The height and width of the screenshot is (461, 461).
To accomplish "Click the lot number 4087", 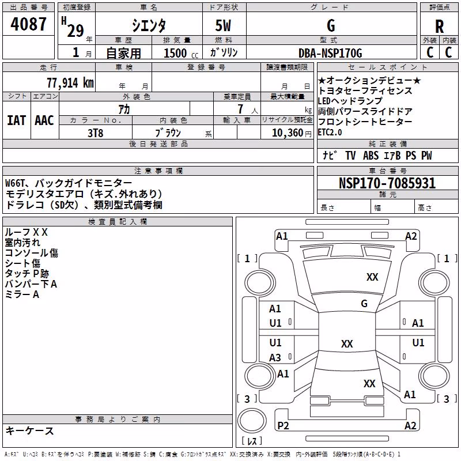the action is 28,24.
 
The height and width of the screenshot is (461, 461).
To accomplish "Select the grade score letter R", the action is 439,27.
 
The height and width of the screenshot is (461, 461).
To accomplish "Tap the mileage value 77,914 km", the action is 70,83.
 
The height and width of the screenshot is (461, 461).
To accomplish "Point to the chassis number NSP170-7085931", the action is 387,183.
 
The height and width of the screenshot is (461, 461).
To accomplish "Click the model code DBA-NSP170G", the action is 330,53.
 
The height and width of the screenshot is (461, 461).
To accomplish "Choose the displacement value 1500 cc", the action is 181,53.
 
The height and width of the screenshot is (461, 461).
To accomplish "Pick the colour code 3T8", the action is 95,133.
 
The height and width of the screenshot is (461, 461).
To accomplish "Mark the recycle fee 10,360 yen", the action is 292,133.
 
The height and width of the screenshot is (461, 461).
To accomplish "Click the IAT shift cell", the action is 17,120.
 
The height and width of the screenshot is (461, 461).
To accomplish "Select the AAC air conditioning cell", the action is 44,120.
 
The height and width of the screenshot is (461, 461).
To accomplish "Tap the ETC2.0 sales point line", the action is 330,133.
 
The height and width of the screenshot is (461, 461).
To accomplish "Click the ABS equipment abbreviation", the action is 371,156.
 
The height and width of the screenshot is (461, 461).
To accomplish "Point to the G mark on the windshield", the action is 364,303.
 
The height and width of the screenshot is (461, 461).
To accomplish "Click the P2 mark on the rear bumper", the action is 283,425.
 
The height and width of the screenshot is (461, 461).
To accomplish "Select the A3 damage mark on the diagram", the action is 275,357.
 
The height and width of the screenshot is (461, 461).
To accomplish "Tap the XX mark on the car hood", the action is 372,277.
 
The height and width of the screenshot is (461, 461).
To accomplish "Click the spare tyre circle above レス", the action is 252,421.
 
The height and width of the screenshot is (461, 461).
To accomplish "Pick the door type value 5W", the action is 223,25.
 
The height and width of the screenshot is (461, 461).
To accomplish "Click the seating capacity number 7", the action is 240,109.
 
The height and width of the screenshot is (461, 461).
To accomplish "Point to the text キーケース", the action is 29,431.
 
